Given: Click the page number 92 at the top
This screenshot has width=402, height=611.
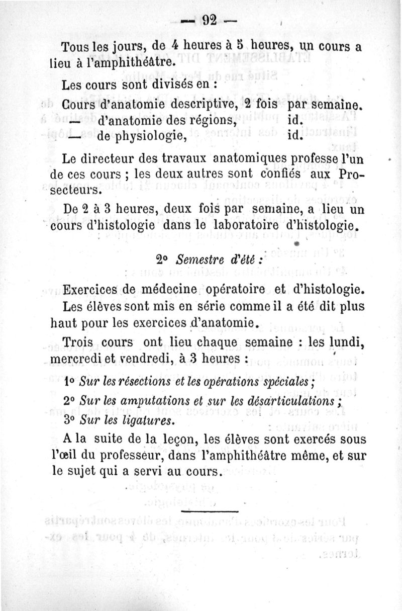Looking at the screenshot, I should click(209, 21).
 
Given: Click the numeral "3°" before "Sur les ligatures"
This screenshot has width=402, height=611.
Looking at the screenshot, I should click(70, 420).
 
